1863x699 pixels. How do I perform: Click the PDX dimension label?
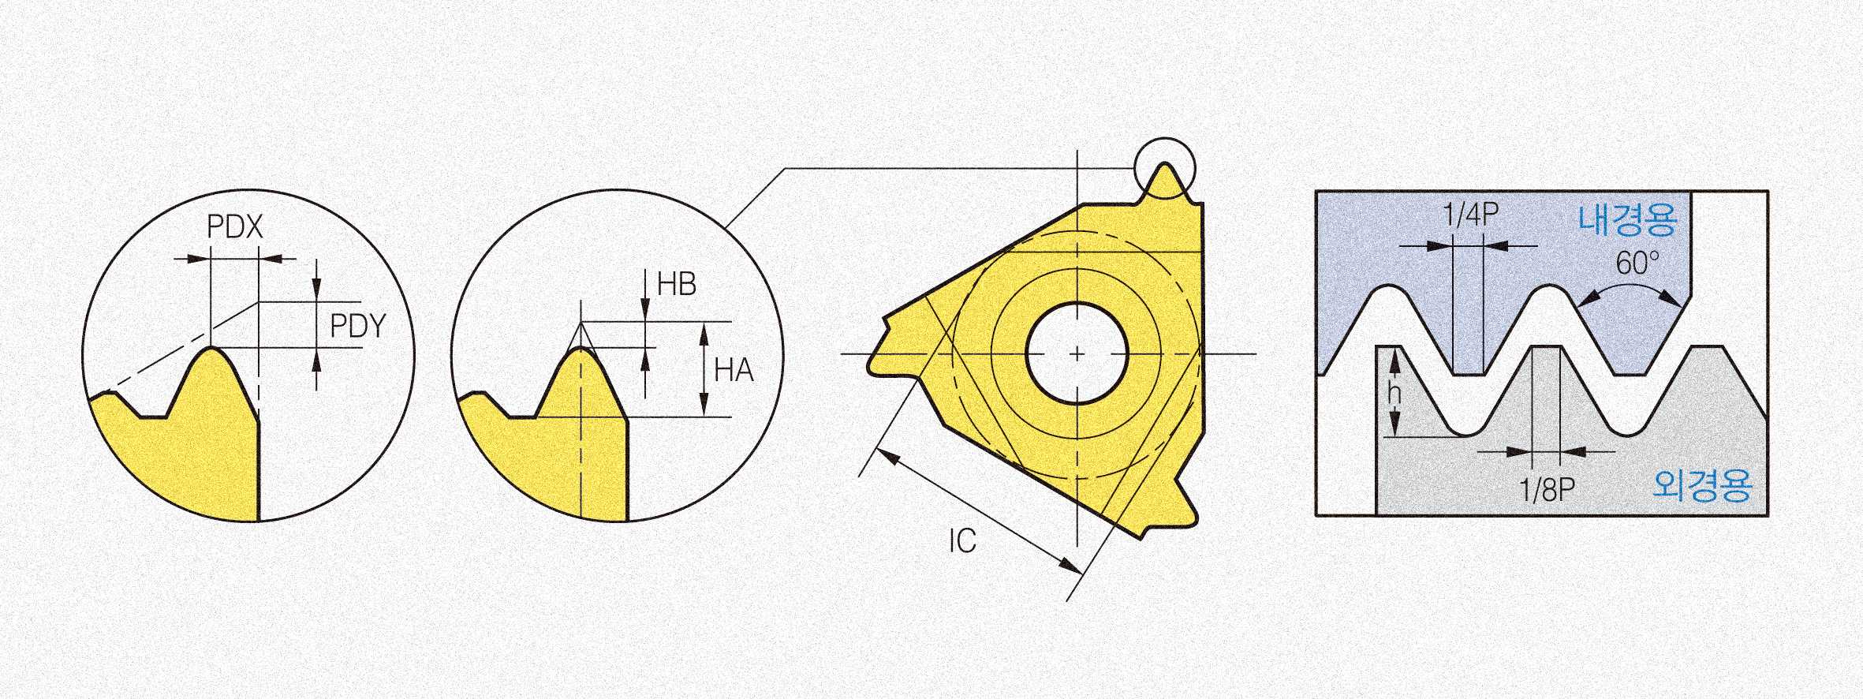234,227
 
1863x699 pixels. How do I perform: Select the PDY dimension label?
357,326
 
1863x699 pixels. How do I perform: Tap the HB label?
677,284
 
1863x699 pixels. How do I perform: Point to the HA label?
734,370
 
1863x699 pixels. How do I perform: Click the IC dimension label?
962,540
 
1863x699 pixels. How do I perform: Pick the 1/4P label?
1470,215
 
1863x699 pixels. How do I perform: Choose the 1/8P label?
1547,490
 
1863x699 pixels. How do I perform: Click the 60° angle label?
1637,263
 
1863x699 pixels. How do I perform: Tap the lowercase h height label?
1394,392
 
